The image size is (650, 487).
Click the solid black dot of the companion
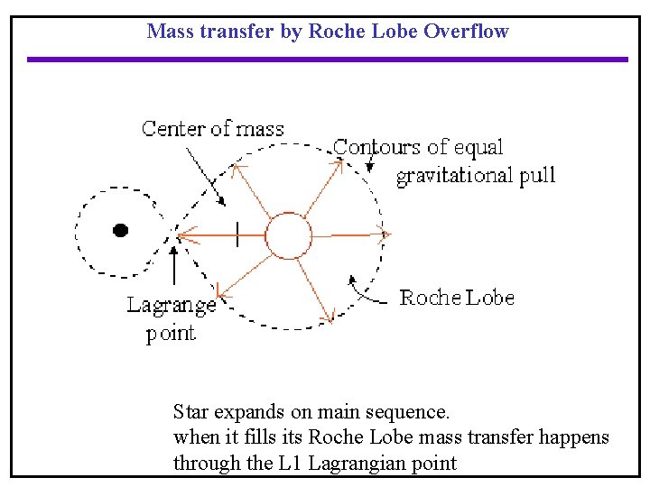(120, 230)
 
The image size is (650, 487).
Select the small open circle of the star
(289, 235)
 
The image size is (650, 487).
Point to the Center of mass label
(213, 129)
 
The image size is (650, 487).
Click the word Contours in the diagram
(377, 147)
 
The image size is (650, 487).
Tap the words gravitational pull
(476, 175)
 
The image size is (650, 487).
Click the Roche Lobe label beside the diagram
(457, 298)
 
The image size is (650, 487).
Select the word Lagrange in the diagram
(172, 305)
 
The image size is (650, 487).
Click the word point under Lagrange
(171, 334)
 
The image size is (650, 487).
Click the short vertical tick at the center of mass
(237, 235)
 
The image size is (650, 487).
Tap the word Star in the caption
(190, 413)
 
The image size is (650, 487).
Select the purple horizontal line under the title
(327, 60)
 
